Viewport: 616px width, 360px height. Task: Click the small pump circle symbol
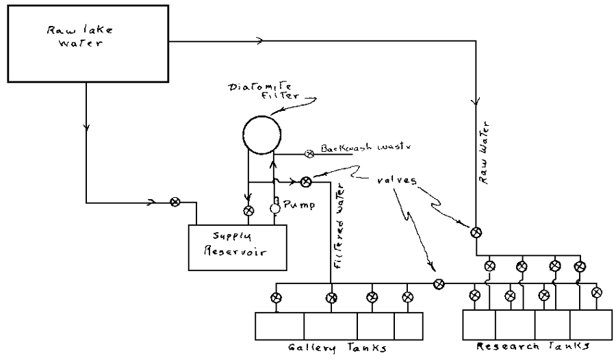click(x=275, y=207)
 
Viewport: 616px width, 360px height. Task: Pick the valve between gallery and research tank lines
click(x=439, y=283)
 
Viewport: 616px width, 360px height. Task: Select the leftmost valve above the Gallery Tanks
click(x=276, y=298)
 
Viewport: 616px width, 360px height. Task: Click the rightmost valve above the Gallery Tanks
click(x=407, y=297)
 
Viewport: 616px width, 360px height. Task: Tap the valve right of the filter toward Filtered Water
click(x=307, y=181)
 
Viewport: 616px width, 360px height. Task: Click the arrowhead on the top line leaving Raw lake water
click(x=258, y=41)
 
